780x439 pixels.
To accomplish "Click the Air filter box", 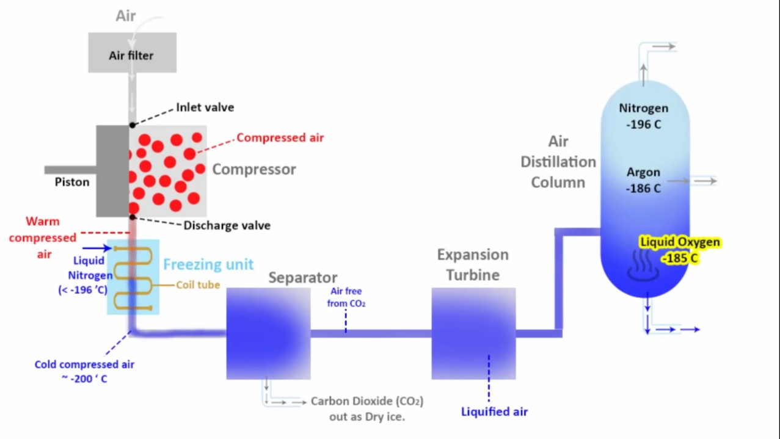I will (132, 54).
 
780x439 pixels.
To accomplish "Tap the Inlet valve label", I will (205, 107).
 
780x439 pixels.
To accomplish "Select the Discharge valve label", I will (227, 225).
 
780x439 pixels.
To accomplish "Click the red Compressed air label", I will (280, 137).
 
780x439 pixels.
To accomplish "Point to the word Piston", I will (72, 182).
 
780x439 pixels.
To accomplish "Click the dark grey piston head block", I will (112, 171).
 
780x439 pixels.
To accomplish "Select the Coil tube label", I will (198, 285).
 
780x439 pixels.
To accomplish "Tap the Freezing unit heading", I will (208, 264).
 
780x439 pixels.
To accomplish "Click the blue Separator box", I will (268, 333).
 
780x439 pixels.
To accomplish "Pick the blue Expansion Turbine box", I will (473, 333).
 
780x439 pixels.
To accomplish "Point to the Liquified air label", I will (494, 411).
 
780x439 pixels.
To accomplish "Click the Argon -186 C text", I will (643, 181).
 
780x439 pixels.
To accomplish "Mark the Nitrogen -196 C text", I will (643, 116).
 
